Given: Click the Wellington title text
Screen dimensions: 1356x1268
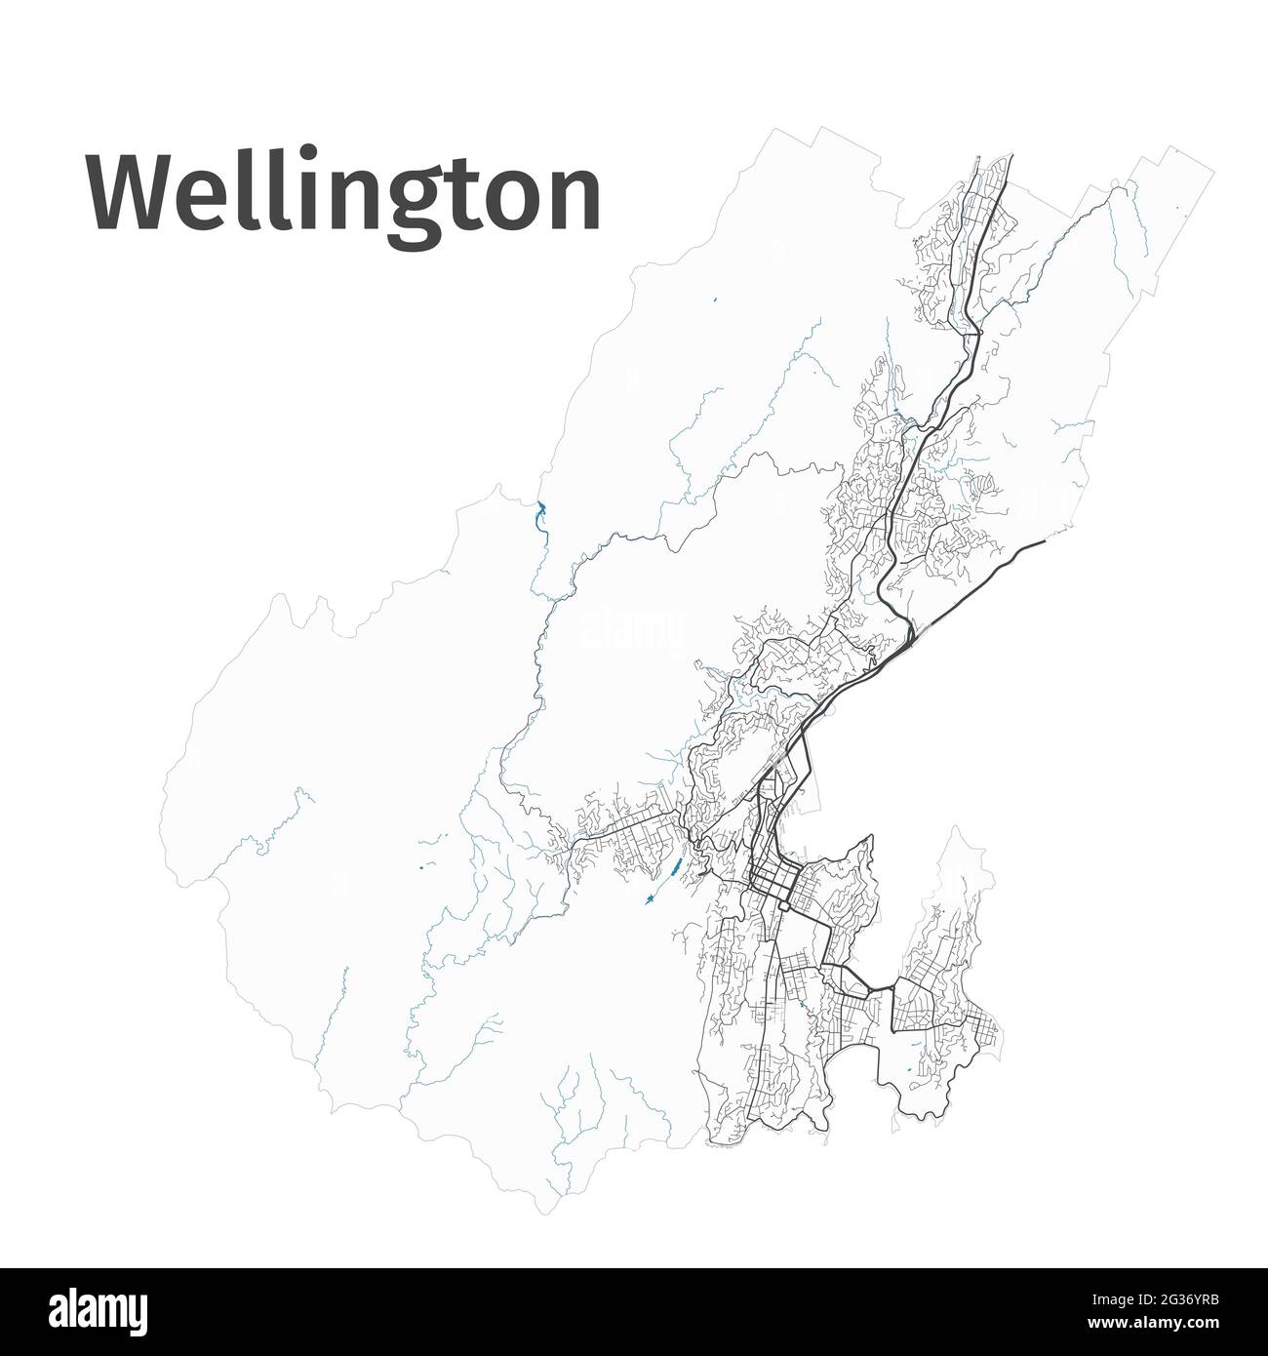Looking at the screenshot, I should [x=343, y=192].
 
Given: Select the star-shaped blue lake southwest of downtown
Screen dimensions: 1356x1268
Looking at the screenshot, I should [x=648, y=898].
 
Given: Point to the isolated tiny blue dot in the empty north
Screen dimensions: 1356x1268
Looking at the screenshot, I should [x=715, y=299].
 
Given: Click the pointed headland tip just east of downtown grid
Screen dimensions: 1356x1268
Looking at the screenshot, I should [x=868, y=836].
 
